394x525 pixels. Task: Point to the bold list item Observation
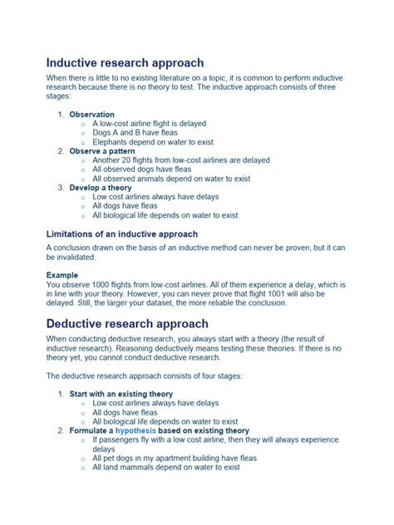(x=91, y=114)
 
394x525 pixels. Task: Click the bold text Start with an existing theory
(x=122, y=394)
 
